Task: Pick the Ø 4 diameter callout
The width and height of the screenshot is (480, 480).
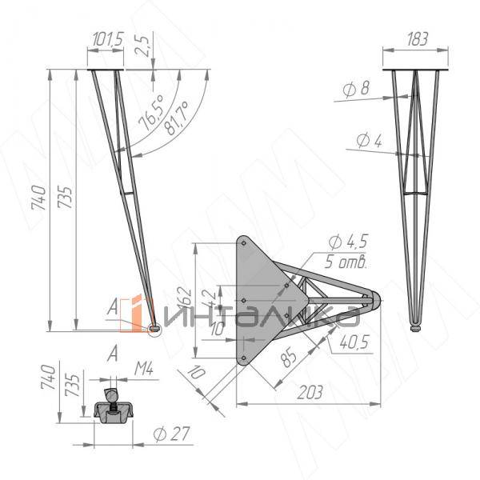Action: coord(369,142)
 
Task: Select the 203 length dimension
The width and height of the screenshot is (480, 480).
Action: coord(311,393)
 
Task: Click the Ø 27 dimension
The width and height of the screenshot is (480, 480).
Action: coord(169,434)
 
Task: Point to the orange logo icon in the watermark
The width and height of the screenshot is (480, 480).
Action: coord(137,311)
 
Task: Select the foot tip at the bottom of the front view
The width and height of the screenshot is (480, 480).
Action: coord(415,326)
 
